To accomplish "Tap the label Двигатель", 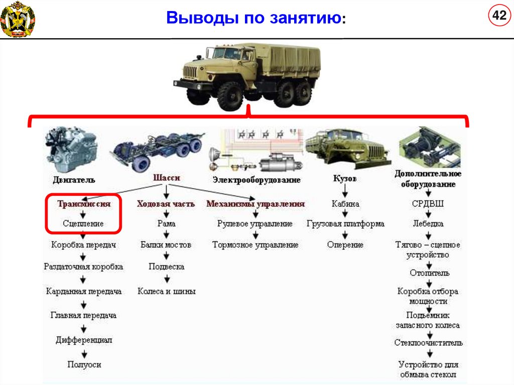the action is [x=74, y=180].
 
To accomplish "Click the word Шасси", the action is [x=166, y=178].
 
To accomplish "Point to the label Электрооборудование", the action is [x=256, y=180].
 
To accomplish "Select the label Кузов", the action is [x=345, y=178].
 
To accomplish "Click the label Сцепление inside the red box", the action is [x=83, y=223].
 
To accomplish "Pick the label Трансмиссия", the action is [x=83, y=204].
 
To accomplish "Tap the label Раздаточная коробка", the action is [x=83, y=267].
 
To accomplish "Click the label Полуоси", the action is [x=84, y=364].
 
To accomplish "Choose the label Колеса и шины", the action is [x=167, y=291].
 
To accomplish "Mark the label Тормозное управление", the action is [x=255, y=245].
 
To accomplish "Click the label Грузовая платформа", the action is [x=345, y=223].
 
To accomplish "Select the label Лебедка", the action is [x=428, y=223].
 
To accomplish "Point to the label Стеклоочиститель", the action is [x=428, y=343].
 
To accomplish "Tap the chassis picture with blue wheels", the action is [x=158, y=151].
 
